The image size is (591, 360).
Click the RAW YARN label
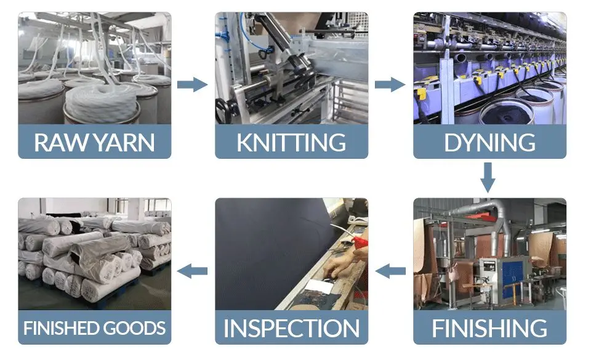pyautogui.click(x=94, y=142)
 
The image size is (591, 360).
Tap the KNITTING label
pyautogui.click(x=291, y=142)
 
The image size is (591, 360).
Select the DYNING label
pyautogui.click(x=489, y=142)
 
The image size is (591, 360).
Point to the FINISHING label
pyautogui.click(x=489, y=327)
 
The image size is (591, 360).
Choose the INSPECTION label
pyautogui.click(x=291, y=327)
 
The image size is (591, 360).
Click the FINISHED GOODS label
pyautogui.click(x=94, y=327)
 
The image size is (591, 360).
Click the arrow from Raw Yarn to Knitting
pyautogui.click(x=193, y=84)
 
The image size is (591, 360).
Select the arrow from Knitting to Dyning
pyautogui.click(x=390, y=84)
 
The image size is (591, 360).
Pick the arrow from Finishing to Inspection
pyautogui.click(x=390, y=270)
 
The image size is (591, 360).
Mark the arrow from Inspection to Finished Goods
pyautogui.click(x=193, y=270)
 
